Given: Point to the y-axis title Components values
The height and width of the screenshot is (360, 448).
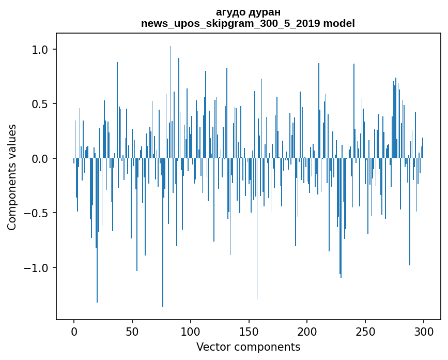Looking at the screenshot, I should click(x=12, y=177).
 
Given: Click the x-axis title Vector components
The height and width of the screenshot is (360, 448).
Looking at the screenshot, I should click(x=248, y=347).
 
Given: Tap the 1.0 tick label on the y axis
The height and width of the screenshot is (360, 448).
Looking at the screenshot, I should click(x=40, y=50).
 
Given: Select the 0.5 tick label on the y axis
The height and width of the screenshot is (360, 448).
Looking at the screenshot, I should click(x=40, y=104).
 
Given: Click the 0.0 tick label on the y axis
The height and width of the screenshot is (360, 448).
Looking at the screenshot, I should click(x=40, y=159).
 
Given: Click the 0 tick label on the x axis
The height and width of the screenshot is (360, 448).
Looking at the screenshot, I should click(x=74, y=331).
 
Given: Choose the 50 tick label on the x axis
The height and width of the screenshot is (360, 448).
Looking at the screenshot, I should click(x=132, y=331).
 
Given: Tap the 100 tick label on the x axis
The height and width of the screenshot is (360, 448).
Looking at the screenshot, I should click(x=191, y=331).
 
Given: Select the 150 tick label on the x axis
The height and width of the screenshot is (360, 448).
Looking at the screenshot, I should click(x=249, y=331).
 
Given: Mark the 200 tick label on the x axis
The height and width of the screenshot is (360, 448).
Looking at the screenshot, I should click(x=307, y=331).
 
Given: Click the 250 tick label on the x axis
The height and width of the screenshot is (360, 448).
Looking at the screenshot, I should click(x=365, y=331).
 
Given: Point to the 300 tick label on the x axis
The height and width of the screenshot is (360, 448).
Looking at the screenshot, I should click(x=424, y=331).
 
